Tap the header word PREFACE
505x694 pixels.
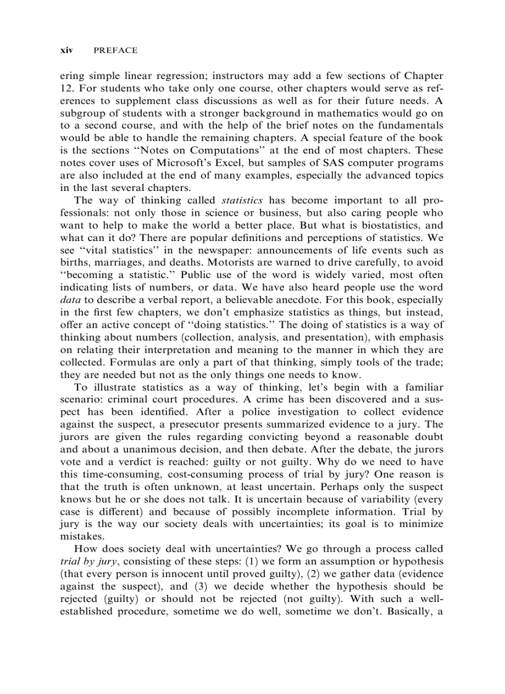(116, 50)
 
